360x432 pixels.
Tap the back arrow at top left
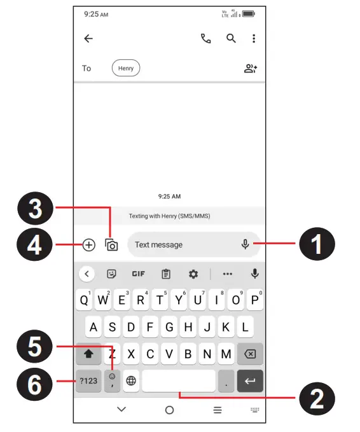(88, 39)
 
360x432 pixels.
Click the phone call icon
(205, 39)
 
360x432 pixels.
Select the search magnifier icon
(232, 39)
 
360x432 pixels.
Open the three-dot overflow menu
(254, 39)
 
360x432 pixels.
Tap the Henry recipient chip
(126, 68)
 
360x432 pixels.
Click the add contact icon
(251, 69)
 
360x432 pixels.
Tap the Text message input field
(184, 244)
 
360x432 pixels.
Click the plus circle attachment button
(88, 244)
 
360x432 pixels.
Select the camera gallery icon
(112, 244)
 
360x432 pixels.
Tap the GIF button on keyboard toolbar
(138, 274)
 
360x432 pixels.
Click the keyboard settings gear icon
(193, 274)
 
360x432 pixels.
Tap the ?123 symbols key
(88, 380)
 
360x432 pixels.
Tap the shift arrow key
(88, 353)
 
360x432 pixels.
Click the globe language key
(131, 380)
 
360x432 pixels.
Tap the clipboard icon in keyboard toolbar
(166, 274)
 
